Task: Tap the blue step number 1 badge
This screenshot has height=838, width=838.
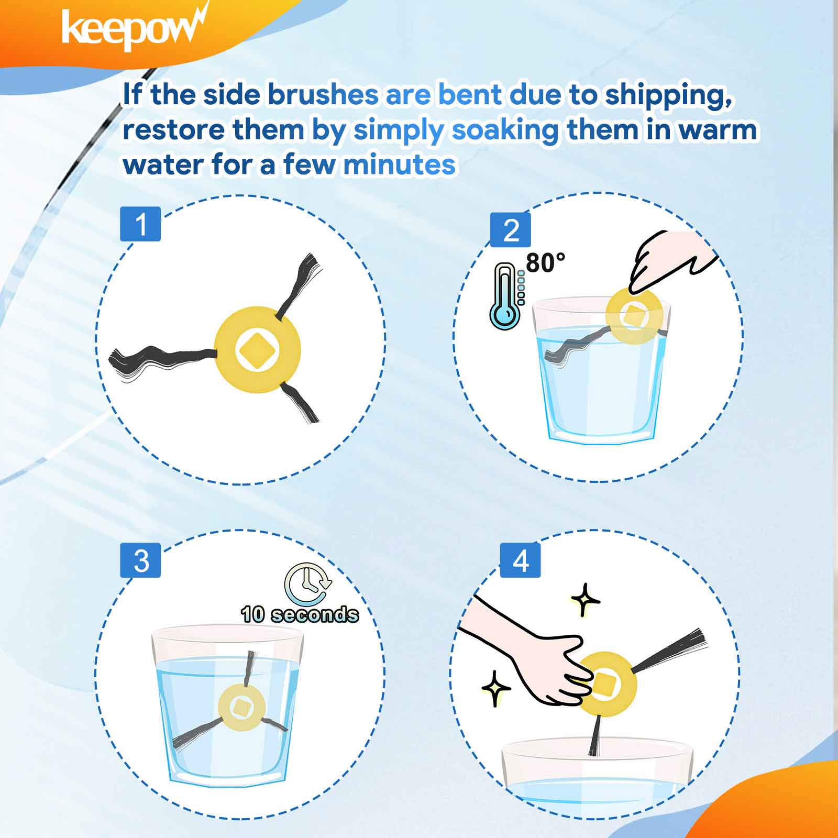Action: click(x=140, y=224)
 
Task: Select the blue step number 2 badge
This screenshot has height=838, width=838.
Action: click(x=511, y=230)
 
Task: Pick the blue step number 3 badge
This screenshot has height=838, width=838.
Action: click(x=140, y=560)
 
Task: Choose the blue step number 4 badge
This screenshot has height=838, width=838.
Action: click(x=520, y=560)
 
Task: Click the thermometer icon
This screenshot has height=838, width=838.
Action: click(x=506, y=296)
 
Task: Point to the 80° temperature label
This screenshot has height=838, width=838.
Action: click(x=546, y=262)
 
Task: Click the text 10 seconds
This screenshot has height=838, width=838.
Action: click(x=300, y=614)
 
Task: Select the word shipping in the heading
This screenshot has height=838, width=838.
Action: click(x=668, y=95)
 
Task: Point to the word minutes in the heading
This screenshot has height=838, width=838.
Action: click(x=399, y=165)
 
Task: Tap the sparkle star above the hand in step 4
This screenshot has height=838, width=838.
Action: click(x=585, y=600)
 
